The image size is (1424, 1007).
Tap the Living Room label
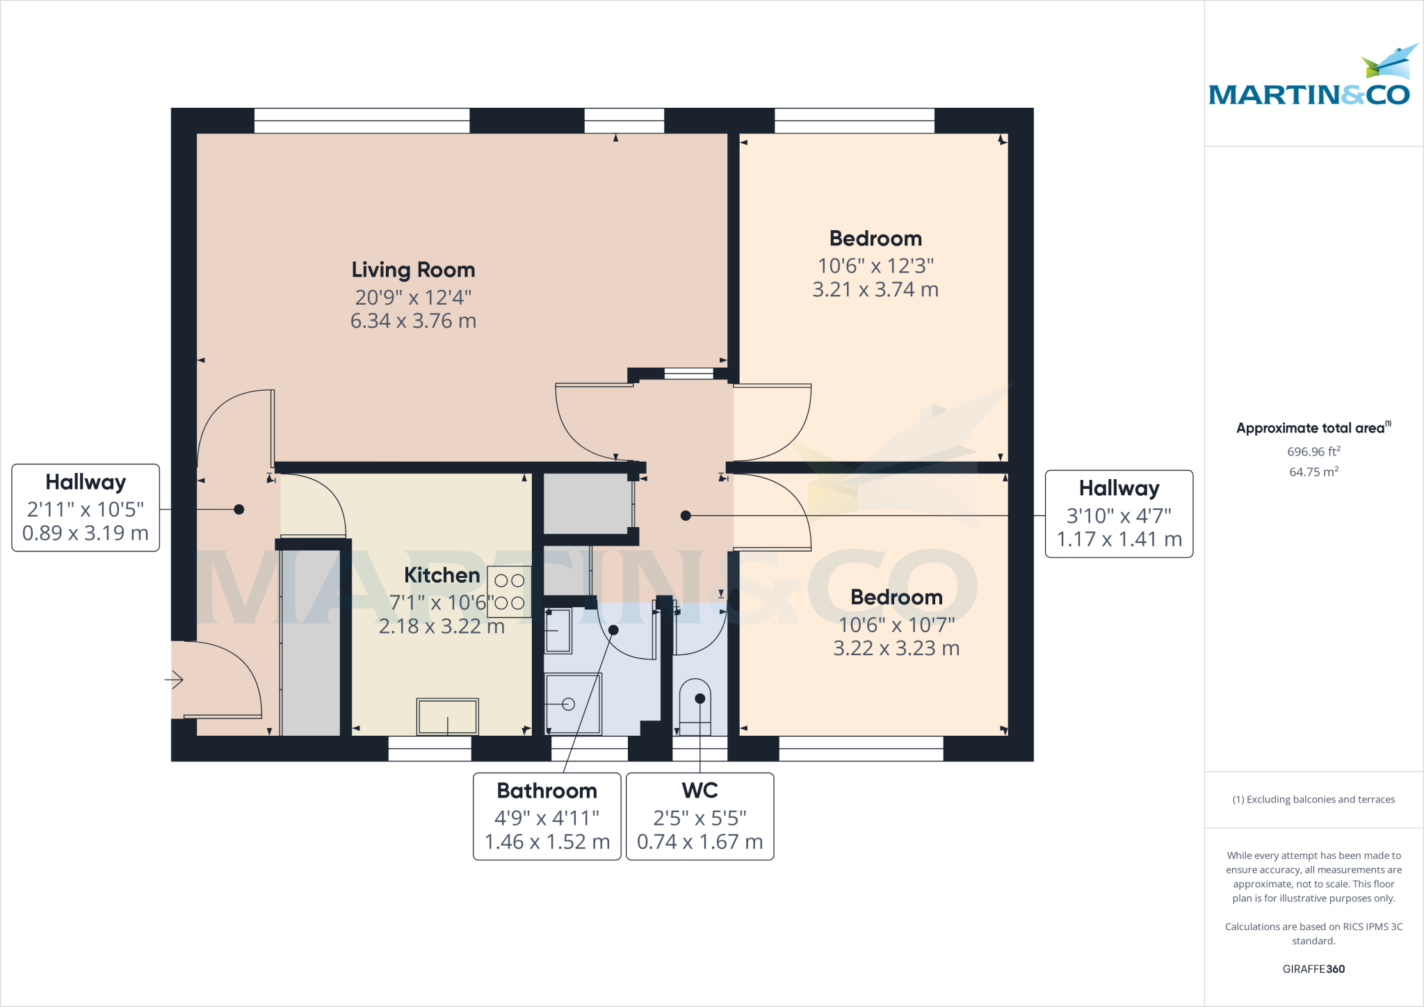pyautogui.click(x=413, y=270)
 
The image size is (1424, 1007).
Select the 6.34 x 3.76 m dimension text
pyautogui.click(x=413, y=321)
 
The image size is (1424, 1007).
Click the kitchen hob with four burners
pyautogui.click(x=510, y=593)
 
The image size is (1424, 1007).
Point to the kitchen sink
pyautogui.click(x=447, y=716)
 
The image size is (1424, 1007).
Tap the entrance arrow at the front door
pyautogui.click(x=175, y=679)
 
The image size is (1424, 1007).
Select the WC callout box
pyautogui.click(x=699, y=816)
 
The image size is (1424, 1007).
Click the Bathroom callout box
pyautogui.click(x=547, y=816)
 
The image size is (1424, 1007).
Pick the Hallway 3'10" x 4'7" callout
pyautogui.click(x=1119, y=514)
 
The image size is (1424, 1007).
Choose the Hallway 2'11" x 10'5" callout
pyautogui.click(x=86, y=508)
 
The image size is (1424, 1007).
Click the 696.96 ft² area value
pyautogui.click(x=1313, y=451)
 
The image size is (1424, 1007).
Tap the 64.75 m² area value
pyautogui.click(x=1313, y=472)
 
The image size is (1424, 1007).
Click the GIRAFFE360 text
pyautogui.click(x=1313, y=969)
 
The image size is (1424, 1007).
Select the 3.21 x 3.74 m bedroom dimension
pyautogui.click(x=875, y=290)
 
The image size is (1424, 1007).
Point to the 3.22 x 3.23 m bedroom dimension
pyautogui.click(x=896, y=649)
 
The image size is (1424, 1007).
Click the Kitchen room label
pyautogui.click(x=442, y=576)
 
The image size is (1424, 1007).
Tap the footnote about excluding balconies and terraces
pyautogui.click(x=1313, y=800)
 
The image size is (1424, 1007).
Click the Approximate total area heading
pyautogui.click(x=1311, y=428)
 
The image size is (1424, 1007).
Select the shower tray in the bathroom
pyautogui.click(x=573, y=704)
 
